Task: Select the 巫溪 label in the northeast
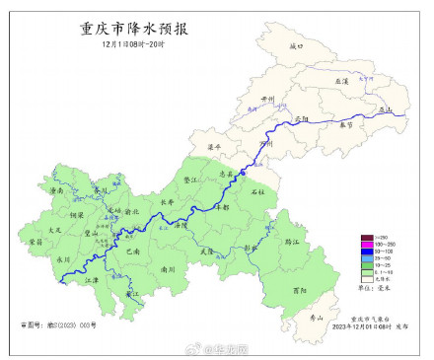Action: pyautogui.click(x=342, y=82)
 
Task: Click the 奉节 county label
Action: pyautogui.click(x=344, y=125)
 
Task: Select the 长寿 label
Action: pyautogui.click(x=166, y=203)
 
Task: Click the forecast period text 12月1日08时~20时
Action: pyautogui.click(x=132, y=45)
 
